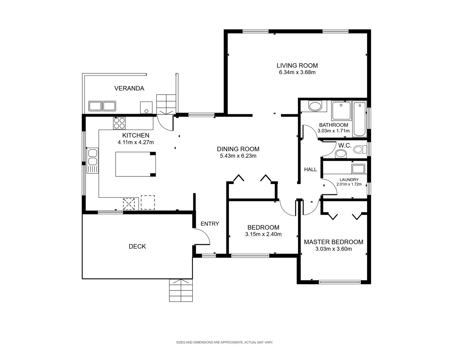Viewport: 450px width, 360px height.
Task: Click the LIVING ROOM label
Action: (297, 66)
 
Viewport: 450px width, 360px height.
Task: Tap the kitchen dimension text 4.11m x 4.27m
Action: (136, 142)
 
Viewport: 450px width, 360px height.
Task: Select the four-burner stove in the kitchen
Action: (120, 123)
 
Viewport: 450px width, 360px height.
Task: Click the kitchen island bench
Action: (135, 164)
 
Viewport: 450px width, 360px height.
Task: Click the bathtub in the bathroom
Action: (359, 119)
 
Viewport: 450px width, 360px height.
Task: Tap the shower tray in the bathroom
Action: (341, 111)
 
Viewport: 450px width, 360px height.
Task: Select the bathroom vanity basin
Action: (314, 107)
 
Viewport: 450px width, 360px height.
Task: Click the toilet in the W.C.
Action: (358, 149)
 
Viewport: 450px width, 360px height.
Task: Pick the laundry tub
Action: (358, 169)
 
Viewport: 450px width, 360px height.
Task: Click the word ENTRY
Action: (210, 224)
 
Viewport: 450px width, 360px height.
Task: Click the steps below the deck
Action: (181, 290)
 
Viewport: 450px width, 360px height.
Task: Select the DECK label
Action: (137, 246)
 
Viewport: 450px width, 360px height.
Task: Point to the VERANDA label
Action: (129, 88)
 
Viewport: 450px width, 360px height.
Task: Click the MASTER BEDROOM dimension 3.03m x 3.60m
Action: (333, 249)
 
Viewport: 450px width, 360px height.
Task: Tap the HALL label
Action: (310, 169)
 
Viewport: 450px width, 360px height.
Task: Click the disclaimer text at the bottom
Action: (225, 342)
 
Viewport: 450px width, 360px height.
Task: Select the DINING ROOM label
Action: (238, 149)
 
